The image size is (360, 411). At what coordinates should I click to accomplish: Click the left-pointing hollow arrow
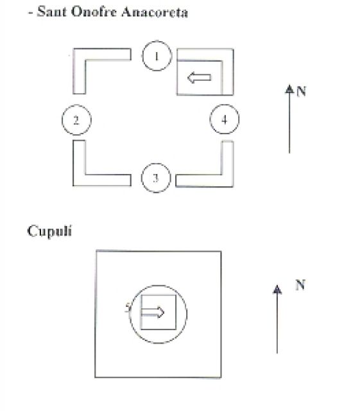(199, 77)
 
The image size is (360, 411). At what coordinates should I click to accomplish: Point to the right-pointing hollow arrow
(153, 312)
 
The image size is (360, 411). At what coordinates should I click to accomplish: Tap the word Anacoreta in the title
(155, 12)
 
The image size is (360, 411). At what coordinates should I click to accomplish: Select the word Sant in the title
(51, 12)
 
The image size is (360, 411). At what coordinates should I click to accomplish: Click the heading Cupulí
(49, 231)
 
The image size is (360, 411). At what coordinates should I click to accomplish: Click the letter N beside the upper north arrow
(302, 91)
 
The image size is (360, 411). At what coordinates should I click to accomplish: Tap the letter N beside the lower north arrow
(300, 285)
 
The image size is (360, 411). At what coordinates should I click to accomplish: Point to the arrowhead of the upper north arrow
(289, 89)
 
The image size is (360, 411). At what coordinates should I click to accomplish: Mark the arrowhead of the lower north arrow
(277, 289)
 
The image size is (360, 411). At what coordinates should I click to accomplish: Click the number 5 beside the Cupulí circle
(128, 307)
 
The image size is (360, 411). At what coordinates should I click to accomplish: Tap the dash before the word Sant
(30, 13)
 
